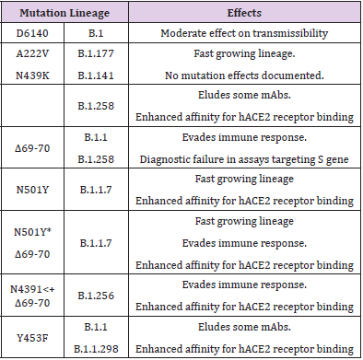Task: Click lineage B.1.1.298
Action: pyautogui.click(x=104, y=346)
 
